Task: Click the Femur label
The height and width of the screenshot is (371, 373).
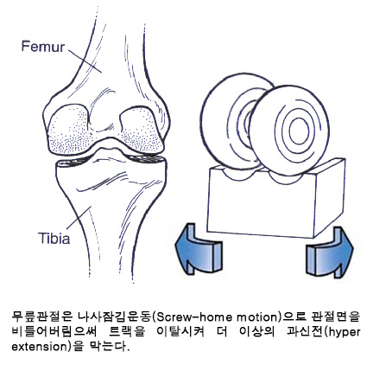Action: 43,47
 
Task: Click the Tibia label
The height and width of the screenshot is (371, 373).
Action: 54,239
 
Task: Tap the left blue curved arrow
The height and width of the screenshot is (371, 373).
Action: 199,249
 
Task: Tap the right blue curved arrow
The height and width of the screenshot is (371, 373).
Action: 330,253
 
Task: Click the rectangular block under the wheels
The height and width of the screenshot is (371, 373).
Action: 275,199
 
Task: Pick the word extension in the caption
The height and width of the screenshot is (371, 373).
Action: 39,347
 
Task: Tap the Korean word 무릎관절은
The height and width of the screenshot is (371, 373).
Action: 41,317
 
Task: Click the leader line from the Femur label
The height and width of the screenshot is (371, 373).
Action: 85,61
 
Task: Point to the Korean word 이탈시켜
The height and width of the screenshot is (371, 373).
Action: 180,332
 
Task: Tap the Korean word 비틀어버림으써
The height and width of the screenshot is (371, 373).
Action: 55,332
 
